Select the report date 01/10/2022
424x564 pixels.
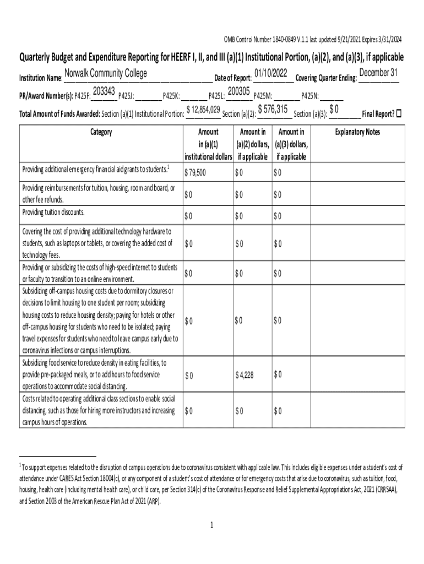pos(271,73)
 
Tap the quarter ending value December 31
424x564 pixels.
pos(378,73)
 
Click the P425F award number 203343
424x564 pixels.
pos(104,91)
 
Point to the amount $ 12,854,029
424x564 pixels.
pos(204,110)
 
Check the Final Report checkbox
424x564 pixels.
pos(399,113)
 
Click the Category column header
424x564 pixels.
pos(100,132)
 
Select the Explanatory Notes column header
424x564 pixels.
pos(357,132)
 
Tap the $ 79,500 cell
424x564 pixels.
pos(195,173)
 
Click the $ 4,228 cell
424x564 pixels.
pos(244,375)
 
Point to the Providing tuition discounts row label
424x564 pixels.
pos(53,212)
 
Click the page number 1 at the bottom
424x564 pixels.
pos(211,525)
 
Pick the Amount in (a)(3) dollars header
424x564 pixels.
pos(291,144)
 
